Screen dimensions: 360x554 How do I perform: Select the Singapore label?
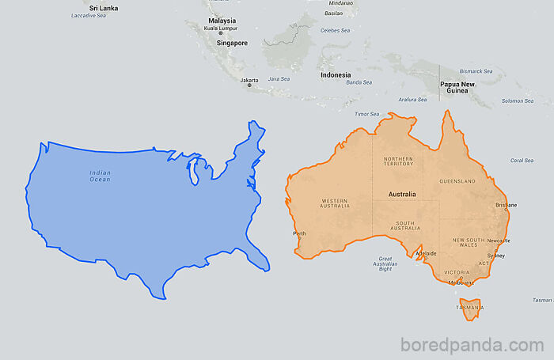(227, 44)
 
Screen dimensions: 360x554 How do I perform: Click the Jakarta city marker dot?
(249, 85)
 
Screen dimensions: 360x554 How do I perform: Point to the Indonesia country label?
(336, 75)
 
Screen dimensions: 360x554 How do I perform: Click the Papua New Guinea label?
(457, 87)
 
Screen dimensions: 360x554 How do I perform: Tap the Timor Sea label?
(367, 114)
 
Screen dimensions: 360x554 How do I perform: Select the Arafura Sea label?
(412, 100)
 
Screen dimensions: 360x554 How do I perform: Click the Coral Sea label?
(522, 161)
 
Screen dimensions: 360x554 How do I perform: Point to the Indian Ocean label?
(100, 176)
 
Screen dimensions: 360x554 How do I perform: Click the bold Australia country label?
(402, 194)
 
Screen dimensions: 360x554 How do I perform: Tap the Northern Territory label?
(398, 161)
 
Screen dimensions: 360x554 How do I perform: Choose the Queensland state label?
(459, 181)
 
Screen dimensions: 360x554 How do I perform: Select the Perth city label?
(300, 233)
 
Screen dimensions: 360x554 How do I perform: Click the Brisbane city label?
(506, 205)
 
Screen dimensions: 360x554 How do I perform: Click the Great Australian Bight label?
(385, 263)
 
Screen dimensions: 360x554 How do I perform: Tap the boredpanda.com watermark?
(472, 345)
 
